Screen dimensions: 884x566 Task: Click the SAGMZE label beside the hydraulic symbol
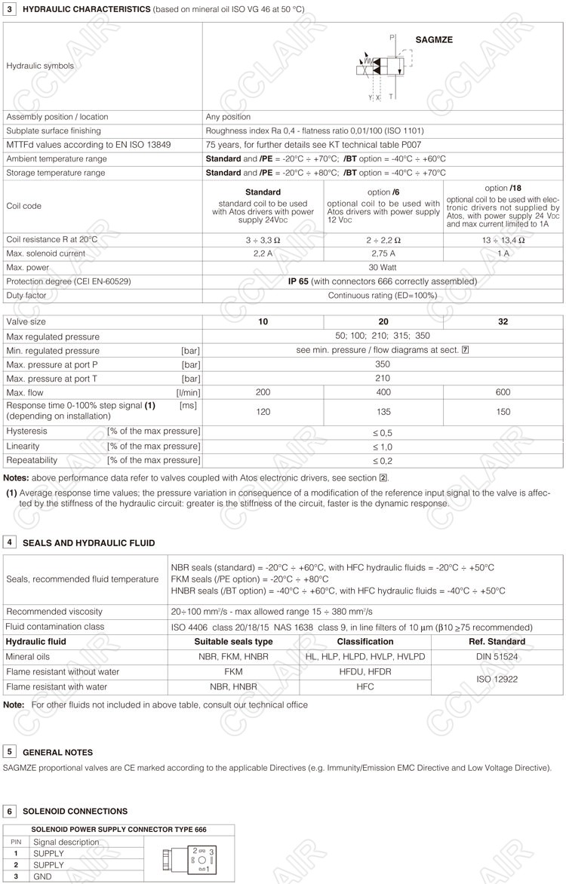click(434, 39)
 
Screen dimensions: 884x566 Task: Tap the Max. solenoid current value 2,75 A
click(383, 253)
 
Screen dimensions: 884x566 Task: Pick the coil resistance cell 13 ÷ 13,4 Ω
click(503, 239)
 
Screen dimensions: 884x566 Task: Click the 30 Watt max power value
click(383, 268)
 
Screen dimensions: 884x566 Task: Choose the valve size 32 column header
click(503, 321)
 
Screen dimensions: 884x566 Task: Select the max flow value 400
click(383, 392)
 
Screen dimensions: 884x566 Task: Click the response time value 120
click(263, 412)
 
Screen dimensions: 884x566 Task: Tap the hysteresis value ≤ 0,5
click(383, 432)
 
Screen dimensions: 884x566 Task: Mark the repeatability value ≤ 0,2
click(383, 460)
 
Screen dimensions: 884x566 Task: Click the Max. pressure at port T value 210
click(383, 379)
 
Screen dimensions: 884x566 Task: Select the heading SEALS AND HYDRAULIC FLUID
click(88, 543)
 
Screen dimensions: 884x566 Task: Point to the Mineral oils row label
click(29, 657)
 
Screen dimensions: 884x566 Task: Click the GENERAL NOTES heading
click(58, 753)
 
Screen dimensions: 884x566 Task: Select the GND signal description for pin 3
click(43, 876)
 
